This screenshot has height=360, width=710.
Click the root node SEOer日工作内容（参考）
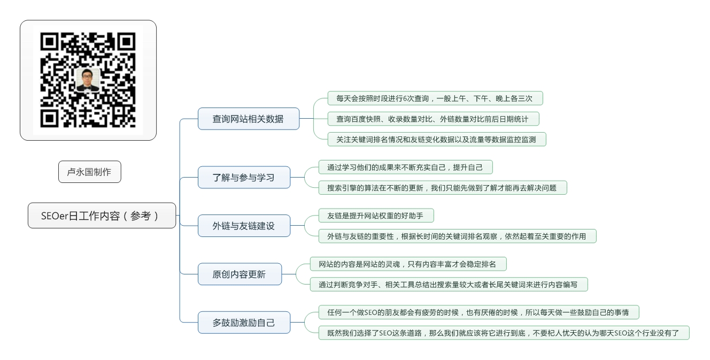(x=102, y=216)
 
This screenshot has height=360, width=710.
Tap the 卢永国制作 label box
(x=90, y=172)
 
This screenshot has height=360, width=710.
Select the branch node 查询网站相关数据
(x=249, y=119)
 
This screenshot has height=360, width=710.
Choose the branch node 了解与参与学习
(x=244, y=177)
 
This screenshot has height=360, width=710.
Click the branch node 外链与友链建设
(x=244, y=226)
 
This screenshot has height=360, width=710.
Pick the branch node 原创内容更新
(x=240, y=274)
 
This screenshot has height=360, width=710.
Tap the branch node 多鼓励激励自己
(x=244, y=323)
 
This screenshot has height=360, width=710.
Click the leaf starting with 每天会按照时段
(x=435, y=98)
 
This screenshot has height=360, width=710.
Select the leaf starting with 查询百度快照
(x=433, y=119)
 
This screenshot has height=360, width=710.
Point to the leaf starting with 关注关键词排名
(x=437, y=140)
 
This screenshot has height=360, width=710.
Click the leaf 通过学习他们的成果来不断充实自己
(x=406, y=167)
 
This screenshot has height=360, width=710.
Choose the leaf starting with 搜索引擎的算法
(x=443, y=188)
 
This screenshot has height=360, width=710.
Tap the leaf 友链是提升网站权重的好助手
(x=376, y=216)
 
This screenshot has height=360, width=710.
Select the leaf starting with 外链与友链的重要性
(x=457, y=236)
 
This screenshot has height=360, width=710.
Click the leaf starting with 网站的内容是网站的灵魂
(x=408, y=264)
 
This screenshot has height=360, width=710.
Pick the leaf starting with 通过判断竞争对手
(x=449, y=285)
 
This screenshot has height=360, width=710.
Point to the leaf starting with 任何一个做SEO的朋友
(x=479, y=312)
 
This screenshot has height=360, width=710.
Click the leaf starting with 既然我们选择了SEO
(x=504, y=333)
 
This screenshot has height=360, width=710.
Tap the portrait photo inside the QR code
(x=88, y=79)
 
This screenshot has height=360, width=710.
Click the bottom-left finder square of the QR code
(x=49, y=118)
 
